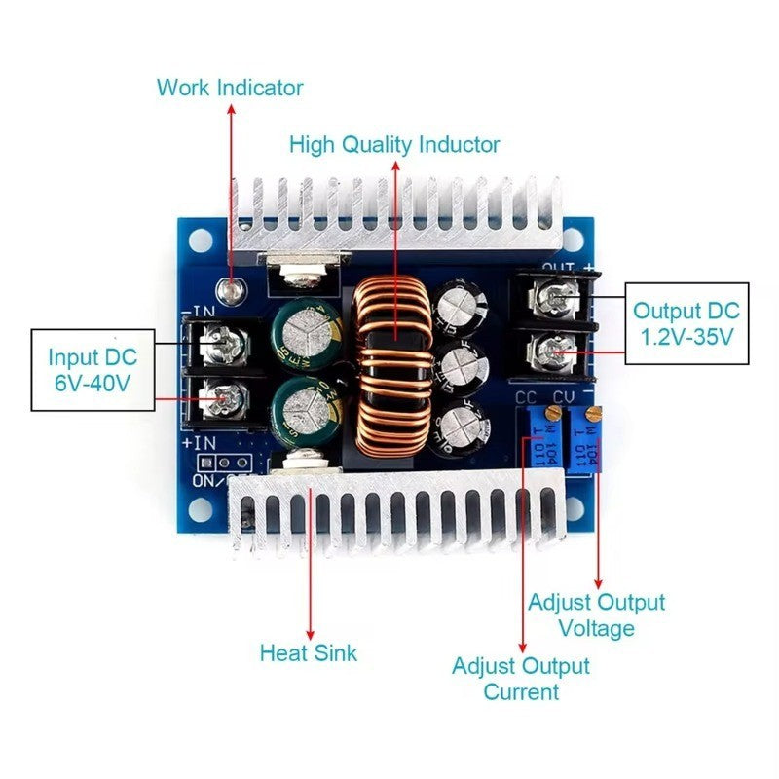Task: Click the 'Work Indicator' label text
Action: click(230, 88)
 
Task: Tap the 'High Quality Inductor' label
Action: click(394, 145)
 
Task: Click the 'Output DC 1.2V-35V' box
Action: click(686, 324)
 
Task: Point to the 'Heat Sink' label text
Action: click(308, 652)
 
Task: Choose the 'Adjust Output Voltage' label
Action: click(596, 615)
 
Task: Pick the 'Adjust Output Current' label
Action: click(521, 679)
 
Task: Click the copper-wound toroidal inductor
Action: click(395, 365)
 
